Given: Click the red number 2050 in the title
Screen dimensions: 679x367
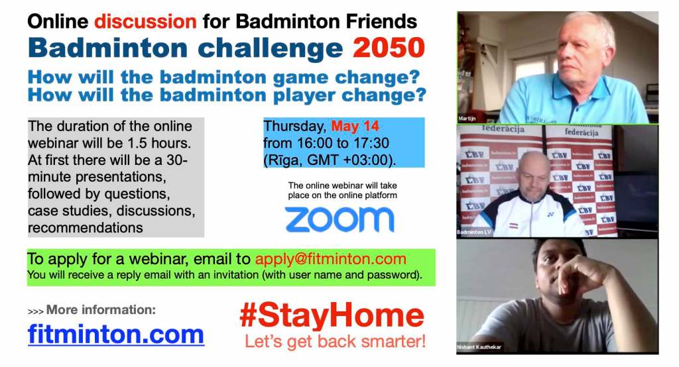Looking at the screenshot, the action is point(389,48).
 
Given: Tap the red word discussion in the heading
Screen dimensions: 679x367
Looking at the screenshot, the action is point(145,21).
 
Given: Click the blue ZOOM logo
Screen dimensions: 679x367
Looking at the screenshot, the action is point(339,219).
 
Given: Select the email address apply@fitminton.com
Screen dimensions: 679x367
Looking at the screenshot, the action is point(331,259).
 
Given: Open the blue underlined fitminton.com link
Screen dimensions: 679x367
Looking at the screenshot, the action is point(115,335).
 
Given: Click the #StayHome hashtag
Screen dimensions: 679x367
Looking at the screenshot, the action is point(332,316).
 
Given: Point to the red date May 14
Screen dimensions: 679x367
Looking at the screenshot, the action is point(355,127).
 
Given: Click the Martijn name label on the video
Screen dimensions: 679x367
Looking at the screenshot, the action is point(467,119).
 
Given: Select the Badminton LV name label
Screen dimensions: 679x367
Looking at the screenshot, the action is point(474,233).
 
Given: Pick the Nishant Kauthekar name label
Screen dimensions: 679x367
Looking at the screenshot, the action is point(479,347).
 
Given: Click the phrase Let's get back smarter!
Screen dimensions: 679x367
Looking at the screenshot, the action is point(335,341).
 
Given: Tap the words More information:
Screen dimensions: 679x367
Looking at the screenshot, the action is point(101,310).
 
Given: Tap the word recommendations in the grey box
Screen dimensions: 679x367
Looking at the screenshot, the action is point(86,228).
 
